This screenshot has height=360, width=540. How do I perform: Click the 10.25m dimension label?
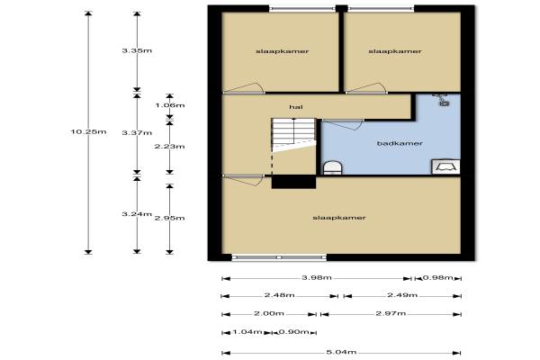coord(88,131)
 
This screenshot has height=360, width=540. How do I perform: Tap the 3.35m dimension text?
coord(137,50)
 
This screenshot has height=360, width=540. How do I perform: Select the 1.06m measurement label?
coord(170,105)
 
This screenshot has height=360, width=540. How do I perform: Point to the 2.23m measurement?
coord(169,147)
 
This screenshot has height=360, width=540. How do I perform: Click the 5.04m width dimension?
coord(341,352)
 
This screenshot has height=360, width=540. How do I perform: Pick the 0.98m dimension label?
coord(437,277)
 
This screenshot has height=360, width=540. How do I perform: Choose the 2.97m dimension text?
coord(391,313)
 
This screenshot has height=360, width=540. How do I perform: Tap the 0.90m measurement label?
coord(293,332)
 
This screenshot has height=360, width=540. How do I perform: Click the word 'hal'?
coord(296,107)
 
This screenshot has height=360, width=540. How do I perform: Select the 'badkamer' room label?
coord(400,143)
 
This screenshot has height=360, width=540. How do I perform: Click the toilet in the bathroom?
coord(333,167)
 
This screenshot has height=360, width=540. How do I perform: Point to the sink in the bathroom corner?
coord(446,166)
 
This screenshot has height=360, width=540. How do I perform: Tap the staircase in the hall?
coord(293,135)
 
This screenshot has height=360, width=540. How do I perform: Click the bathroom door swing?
coord(343,124)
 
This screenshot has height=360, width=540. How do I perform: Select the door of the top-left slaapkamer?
coord(244,88)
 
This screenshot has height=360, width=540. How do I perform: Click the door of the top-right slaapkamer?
coord(366,88)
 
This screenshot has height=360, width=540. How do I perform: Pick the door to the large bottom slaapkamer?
coord(243,180)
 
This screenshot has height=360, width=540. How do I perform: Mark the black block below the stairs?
coord(293,182)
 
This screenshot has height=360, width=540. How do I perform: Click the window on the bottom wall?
coord(279,257)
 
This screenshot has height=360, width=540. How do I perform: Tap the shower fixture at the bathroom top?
coord(442,99)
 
